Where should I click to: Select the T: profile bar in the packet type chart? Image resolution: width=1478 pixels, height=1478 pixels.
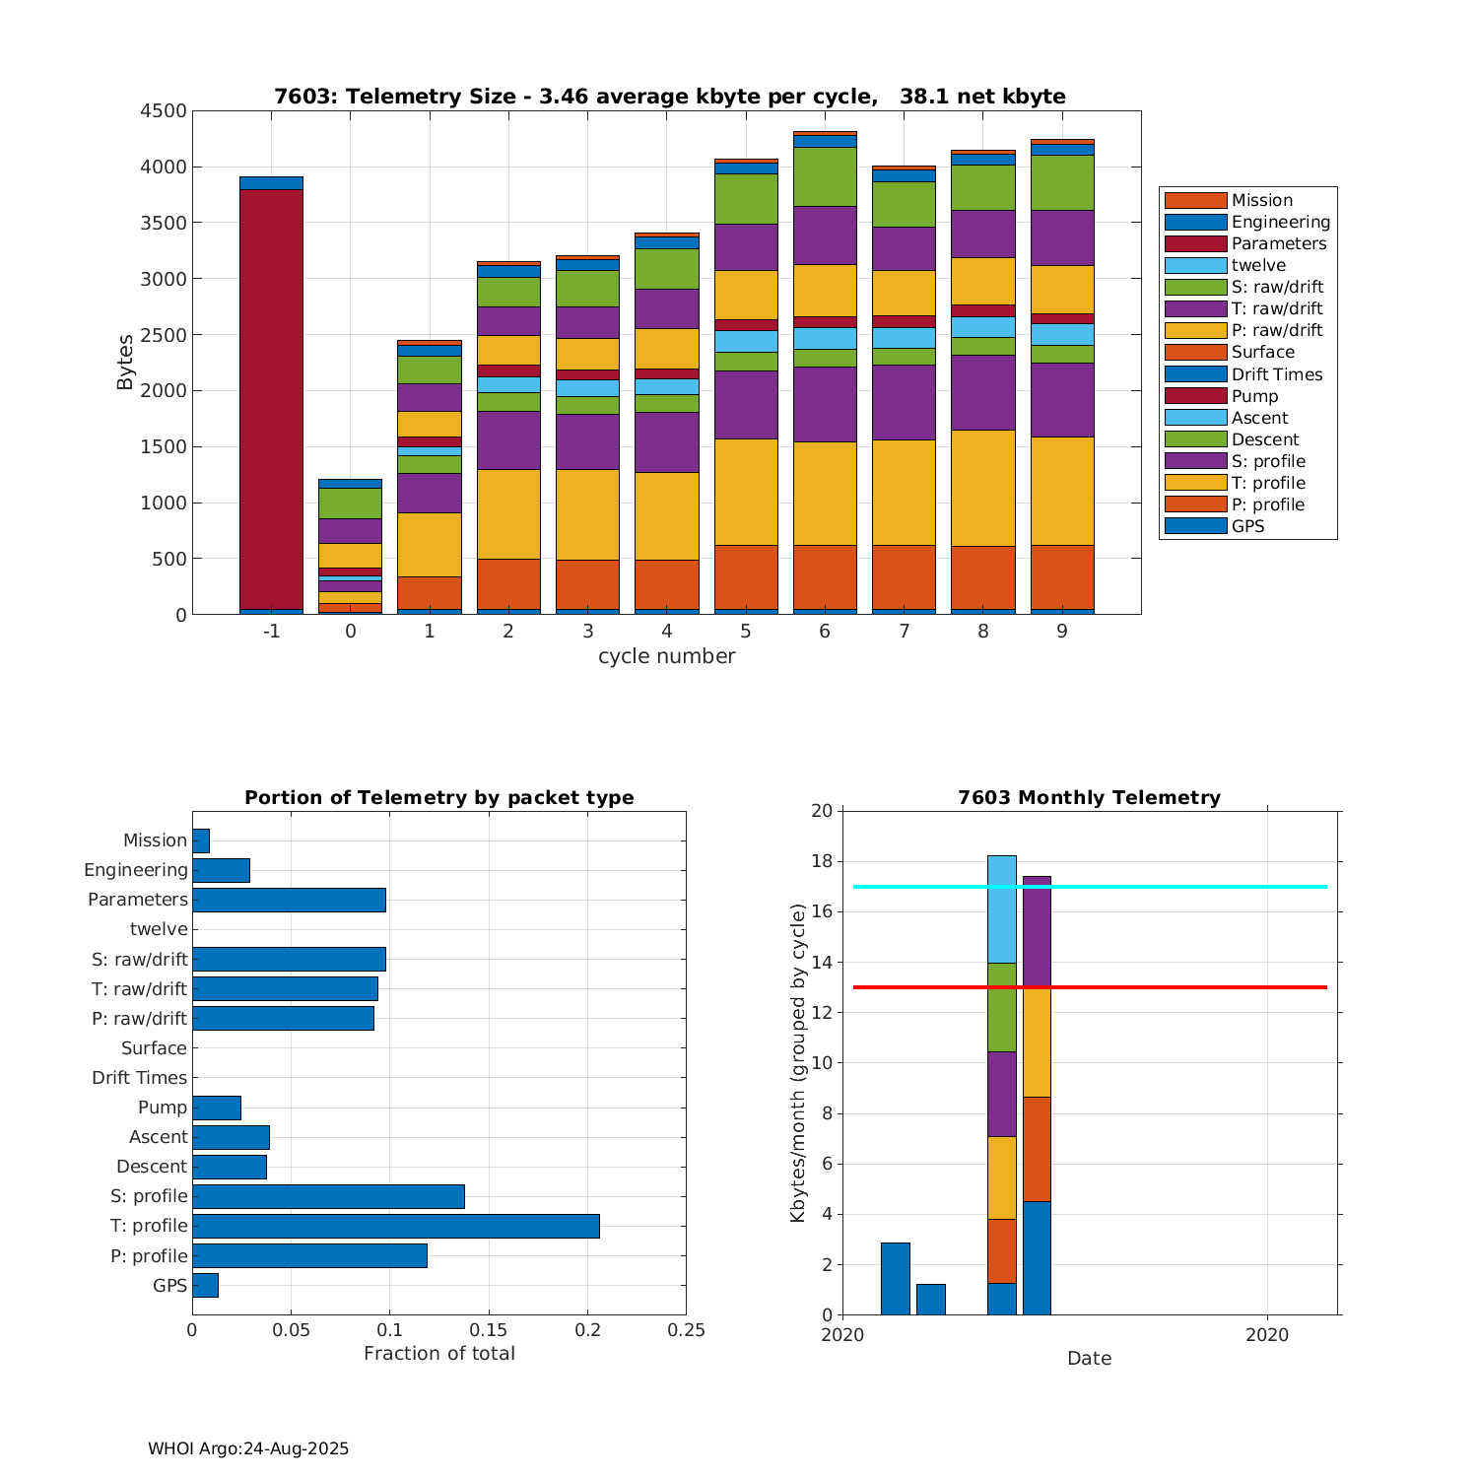pyautogui.click(x=395, y=1226)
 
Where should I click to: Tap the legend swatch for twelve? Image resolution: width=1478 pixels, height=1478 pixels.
pyautogui.click(x=1195, y=265)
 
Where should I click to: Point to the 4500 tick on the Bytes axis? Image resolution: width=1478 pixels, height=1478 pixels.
pyautogui.click(x=164, y=111)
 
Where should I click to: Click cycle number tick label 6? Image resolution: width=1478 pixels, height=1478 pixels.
pyautogui.click(x=825, y=632)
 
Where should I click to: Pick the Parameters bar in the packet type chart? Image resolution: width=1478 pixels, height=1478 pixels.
pyautogui.click(x=289, y=900)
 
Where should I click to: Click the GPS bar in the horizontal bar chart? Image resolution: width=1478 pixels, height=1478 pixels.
pyautogui.click(x=205, y=1285)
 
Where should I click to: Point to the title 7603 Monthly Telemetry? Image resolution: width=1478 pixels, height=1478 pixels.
pyautogui.click(x=1089, y=798)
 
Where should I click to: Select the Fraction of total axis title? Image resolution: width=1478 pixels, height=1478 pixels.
pyautogui.click(x=438, y=1354)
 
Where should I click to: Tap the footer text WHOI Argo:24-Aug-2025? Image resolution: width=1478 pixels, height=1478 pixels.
pyautogui.click(x=248, y=1449)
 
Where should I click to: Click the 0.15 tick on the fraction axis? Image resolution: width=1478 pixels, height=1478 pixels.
pyautogui.click(x=489, y=1331)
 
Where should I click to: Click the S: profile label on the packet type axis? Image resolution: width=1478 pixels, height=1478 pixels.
pyautogui.click(x=149, y=1196)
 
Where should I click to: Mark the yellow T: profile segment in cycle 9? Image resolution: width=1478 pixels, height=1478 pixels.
pyautogui.click(x=1062, y=491)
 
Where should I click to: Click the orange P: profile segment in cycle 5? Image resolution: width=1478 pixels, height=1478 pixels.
pyautogui.click(x=746, y=576)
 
